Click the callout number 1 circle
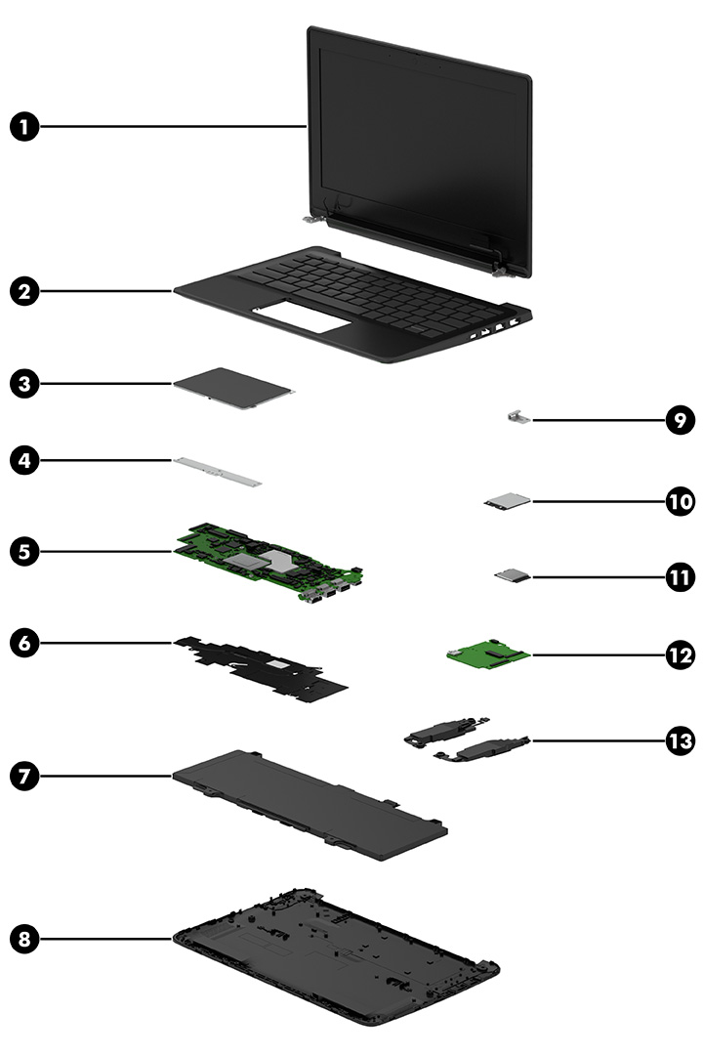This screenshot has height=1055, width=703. pos(26,126)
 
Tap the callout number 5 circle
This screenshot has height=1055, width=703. pos(26,552)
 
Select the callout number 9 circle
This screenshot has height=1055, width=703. pos(679,421)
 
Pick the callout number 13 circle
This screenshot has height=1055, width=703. pos(679,740)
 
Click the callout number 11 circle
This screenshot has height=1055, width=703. pos(679,577)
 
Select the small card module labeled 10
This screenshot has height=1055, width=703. pos(509,501)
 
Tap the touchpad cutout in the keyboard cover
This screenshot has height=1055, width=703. pos(303,319)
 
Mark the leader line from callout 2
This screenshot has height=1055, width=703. pos(107,290)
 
